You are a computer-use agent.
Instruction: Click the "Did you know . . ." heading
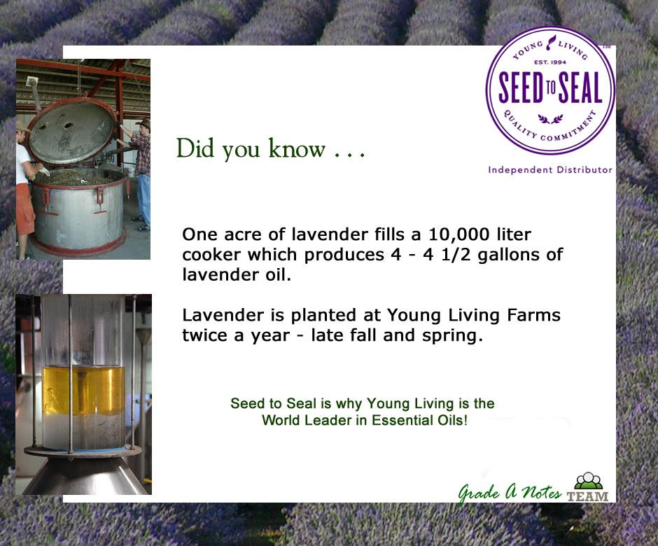pyautogui.click(x=271, y=149)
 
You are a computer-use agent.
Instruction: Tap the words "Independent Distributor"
pyautogui.click(x=549, y=169)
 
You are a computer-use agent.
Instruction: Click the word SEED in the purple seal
pyautogui.click(x=522, y=87)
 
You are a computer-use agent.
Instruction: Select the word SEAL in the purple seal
pyautogui.click(x=580, y=87)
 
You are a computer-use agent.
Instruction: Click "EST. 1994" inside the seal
pyautogui.click(x=550, y=62)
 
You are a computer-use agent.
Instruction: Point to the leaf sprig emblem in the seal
pyautogui.click(x=551, y=119)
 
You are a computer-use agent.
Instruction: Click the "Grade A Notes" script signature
pyautogui.click(x=510, y=492)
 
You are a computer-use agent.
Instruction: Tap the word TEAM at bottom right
pyautogui.click(x=587, y=496)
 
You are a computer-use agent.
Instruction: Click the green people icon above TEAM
pyautogui.click(x=588, y=480)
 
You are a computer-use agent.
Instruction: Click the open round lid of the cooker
pyautogui.click(x=71, y=129)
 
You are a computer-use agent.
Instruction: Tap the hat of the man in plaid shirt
pyautogui.click(x=144, y=123)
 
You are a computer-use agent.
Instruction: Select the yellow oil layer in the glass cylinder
pyautogui.click(x=83, y=391)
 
